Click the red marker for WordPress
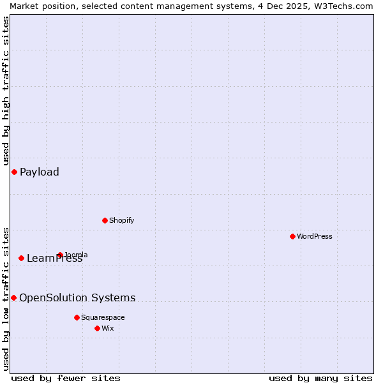click(292, 236)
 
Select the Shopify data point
click(105, 220)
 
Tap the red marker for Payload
click(14, 172)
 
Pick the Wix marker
click(97, 328)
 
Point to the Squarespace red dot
click(77, 317)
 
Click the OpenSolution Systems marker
click(13, 297)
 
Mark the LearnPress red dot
click(21, 258)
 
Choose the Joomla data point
click(60, 255)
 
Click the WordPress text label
click(315, 236)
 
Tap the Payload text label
click(40, 172)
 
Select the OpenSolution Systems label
click(77, 297)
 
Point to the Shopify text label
click(121, 220)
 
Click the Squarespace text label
click(103, 317)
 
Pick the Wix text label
click(108, 328)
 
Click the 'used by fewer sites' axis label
click(66, 378)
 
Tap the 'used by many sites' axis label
click(320, 378)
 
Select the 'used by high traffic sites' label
click(6, 91)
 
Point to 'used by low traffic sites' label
click(6, 298)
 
